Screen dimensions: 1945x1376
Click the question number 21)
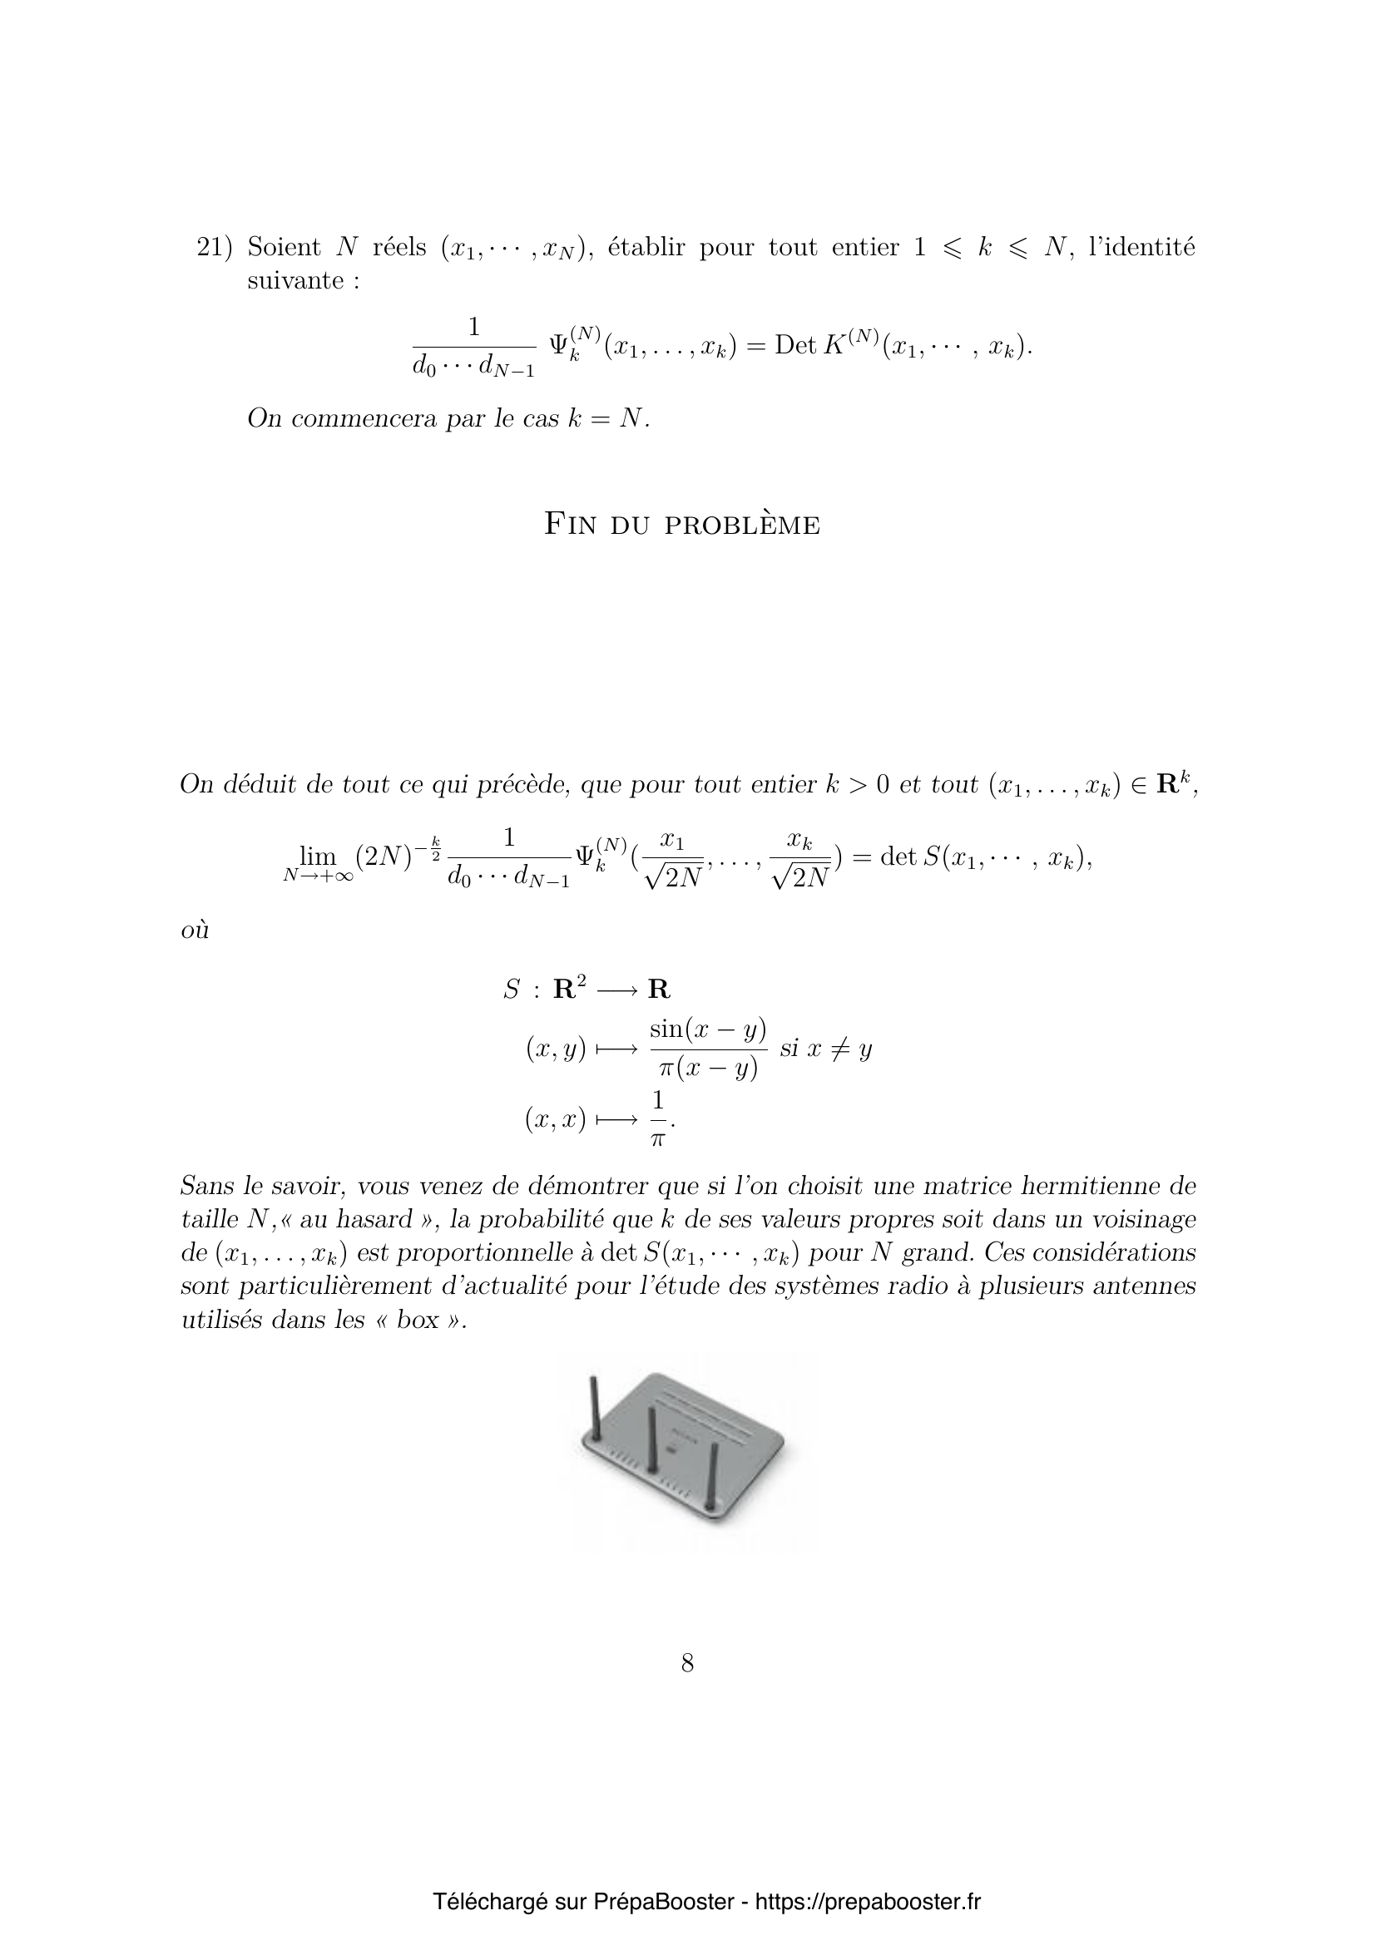[214, 247]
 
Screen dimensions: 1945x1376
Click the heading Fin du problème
[681, 525]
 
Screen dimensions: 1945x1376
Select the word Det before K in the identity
[794, 346]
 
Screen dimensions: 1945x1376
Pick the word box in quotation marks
[418, 1320]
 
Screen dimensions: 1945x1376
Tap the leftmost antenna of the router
[595, 1410]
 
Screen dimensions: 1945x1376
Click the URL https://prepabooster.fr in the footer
[867, 1902]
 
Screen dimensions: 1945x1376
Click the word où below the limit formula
[195, 931]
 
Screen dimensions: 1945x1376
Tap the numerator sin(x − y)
[707, 1029]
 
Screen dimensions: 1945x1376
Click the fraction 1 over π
[658, 1119]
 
